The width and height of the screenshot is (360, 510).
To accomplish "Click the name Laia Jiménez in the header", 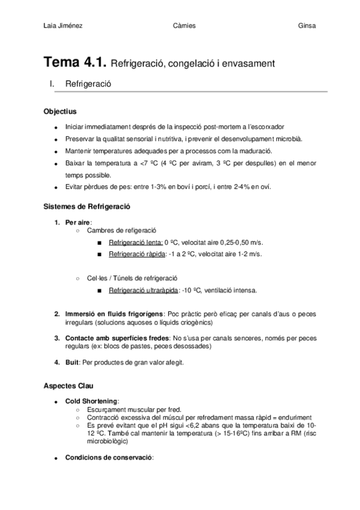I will pos(64,25).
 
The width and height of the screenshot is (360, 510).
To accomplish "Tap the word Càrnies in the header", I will pos(184,25).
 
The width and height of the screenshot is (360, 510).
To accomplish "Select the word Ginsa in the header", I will pos(307,25).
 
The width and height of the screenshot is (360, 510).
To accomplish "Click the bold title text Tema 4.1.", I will pos(75,62).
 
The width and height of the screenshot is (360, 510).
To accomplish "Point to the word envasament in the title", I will pos(246,63).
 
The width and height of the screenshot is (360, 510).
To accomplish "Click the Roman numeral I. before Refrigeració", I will pos(52,84).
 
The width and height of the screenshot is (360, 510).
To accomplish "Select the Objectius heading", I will pos(60,112).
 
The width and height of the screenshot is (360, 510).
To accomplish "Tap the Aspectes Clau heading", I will pos(68,386).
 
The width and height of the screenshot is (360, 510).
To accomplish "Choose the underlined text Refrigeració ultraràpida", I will pos(143,290).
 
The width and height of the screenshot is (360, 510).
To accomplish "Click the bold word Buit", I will pos(72,362).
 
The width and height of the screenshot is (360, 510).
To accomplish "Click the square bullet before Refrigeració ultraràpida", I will pos(99,290).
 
